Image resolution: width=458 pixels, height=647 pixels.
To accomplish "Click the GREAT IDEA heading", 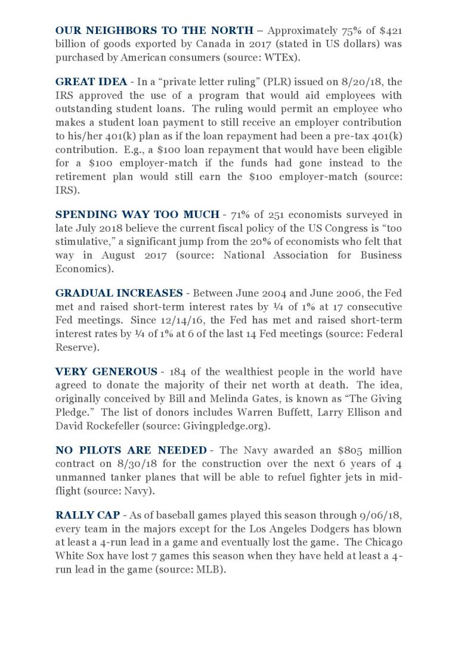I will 91,82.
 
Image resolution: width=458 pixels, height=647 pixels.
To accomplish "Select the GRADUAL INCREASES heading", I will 119,293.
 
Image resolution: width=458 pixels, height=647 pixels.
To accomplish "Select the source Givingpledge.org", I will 219,425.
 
